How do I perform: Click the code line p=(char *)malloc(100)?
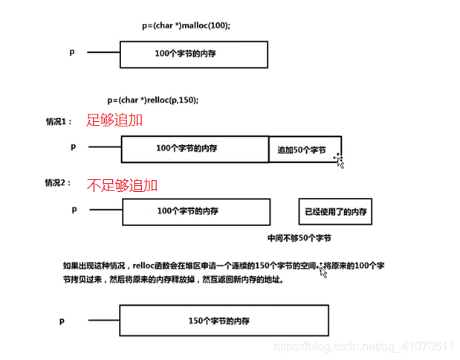(186, 26)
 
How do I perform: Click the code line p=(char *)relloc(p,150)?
(153, 100)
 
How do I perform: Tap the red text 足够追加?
(114, 119)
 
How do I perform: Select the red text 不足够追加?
(122, 184)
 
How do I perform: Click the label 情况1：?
(59, 120)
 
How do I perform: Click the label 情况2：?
(59, 184)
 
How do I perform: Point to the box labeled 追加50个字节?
(305, 150)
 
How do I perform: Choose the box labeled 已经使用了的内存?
(334, 211)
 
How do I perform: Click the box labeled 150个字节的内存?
(223, 320)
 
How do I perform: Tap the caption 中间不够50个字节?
(299, 238)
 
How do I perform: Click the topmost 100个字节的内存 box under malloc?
(193, 54)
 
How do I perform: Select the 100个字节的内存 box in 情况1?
(195, 148)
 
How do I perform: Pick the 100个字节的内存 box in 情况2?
(195, 211)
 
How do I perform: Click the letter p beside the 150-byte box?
(63, 320)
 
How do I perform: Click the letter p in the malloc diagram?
(73, 52)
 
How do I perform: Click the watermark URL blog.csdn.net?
(363, 347)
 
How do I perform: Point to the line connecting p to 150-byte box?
(99, 320)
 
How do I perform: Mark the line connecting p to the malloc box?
(103, 52)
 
